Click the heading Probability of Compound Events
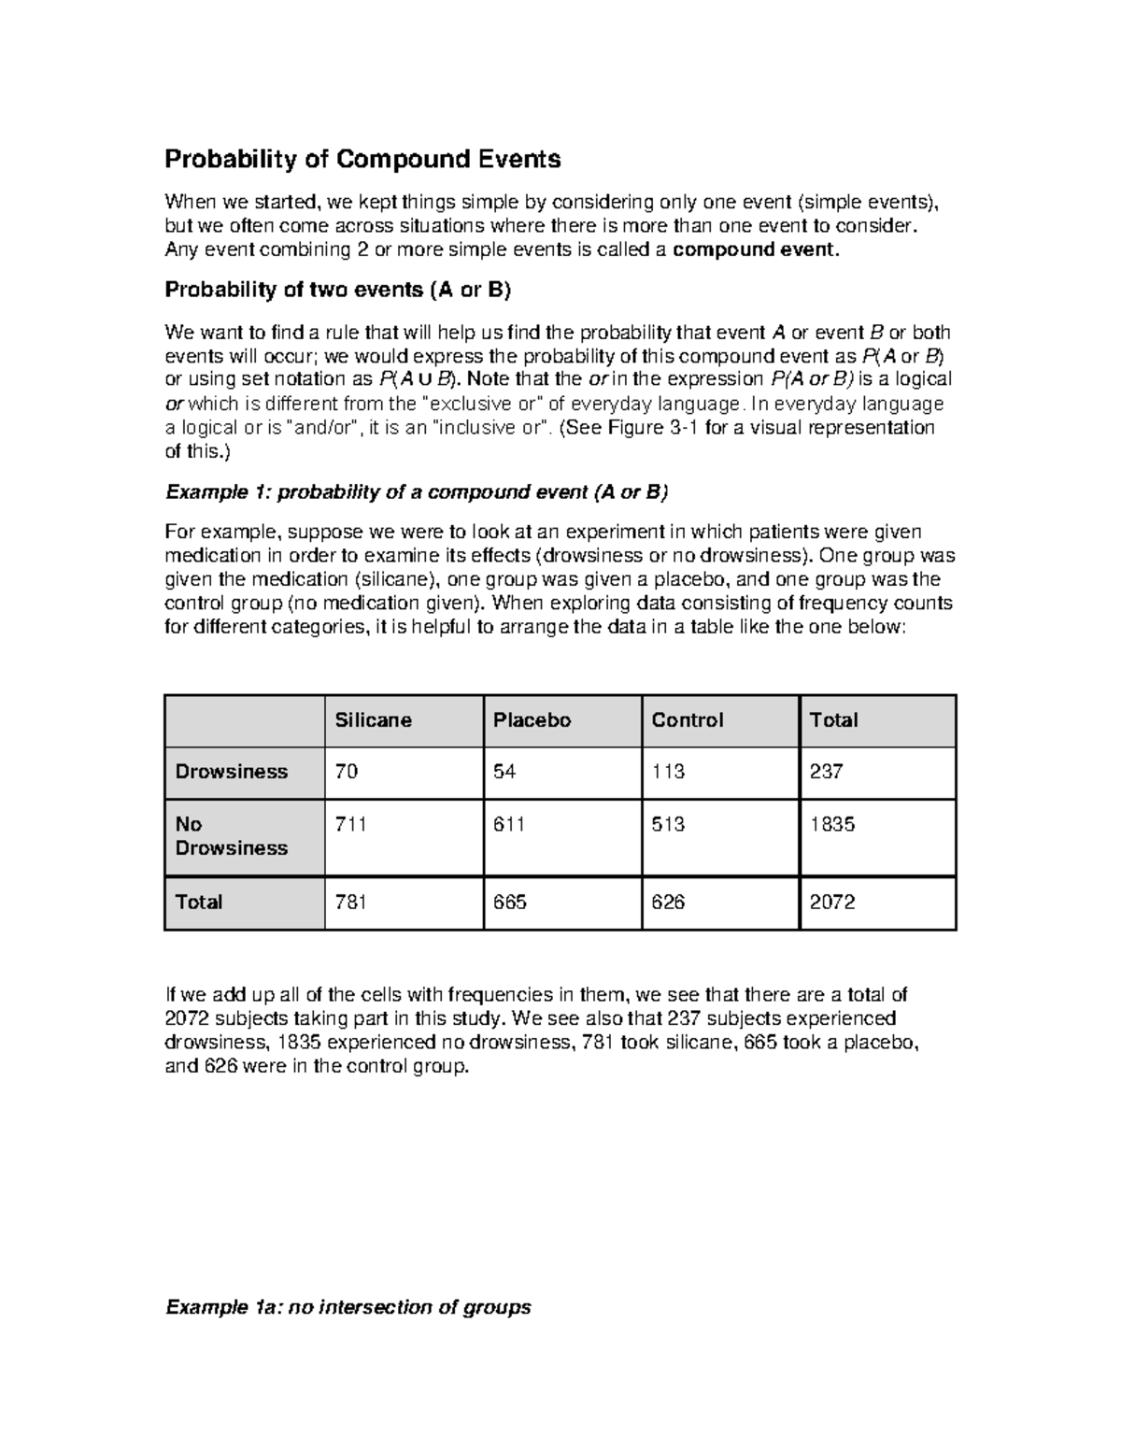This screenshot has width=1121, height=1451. tap(362, 160)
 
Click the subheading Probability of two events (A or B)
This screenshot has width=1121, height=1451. tap(337, 290)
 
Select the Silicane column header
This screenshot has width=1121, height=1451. tap(374, 720)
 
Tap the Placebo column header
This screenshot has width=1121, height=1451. tap(532, 720)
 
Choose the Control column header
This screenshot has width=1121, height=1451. tap(688, 720)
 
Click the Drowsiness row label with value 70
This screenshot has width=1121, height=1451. tap(232, 772)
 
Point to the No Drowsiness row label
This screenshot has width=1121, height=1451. tap(232, 836)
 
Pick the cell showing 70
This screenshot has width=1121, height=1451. tap(347, 772)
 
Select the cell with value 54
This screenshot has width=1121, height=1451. tap(504, 772)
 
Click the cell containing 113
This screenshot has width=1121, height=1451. tap(668, 772)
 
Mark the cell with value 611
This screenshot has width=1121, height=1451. tap(509, 824)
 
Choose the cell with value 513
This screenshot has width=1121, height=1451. tap(668, 824)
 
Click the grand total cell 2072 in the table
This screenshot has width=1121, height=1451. tap(832, 903)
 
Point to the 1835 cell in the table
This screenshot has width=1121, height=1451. tap(832, 824)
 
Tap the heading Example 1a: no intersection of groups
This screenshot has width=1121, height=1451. tap(348, 1307)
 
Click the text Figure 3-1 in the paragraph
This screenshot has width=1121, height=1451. tap(652, 428)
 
